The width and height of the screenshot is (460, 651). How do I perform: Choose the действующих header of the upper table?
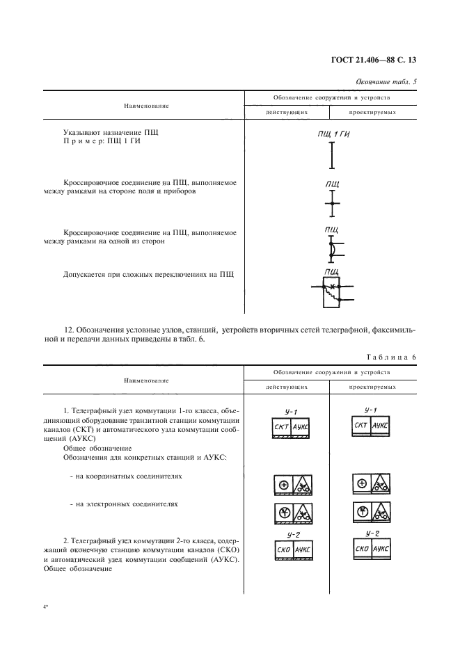tap(286, 113)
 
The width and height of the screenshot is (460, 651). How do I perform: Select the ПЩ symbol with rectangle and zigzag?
tap(331, 291)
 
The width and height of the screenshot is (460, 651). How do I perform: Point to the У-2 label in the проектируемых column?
tap(372, 533)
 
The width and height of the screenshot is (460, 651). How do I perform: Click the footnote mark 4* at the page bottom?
tap(45, 607)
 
